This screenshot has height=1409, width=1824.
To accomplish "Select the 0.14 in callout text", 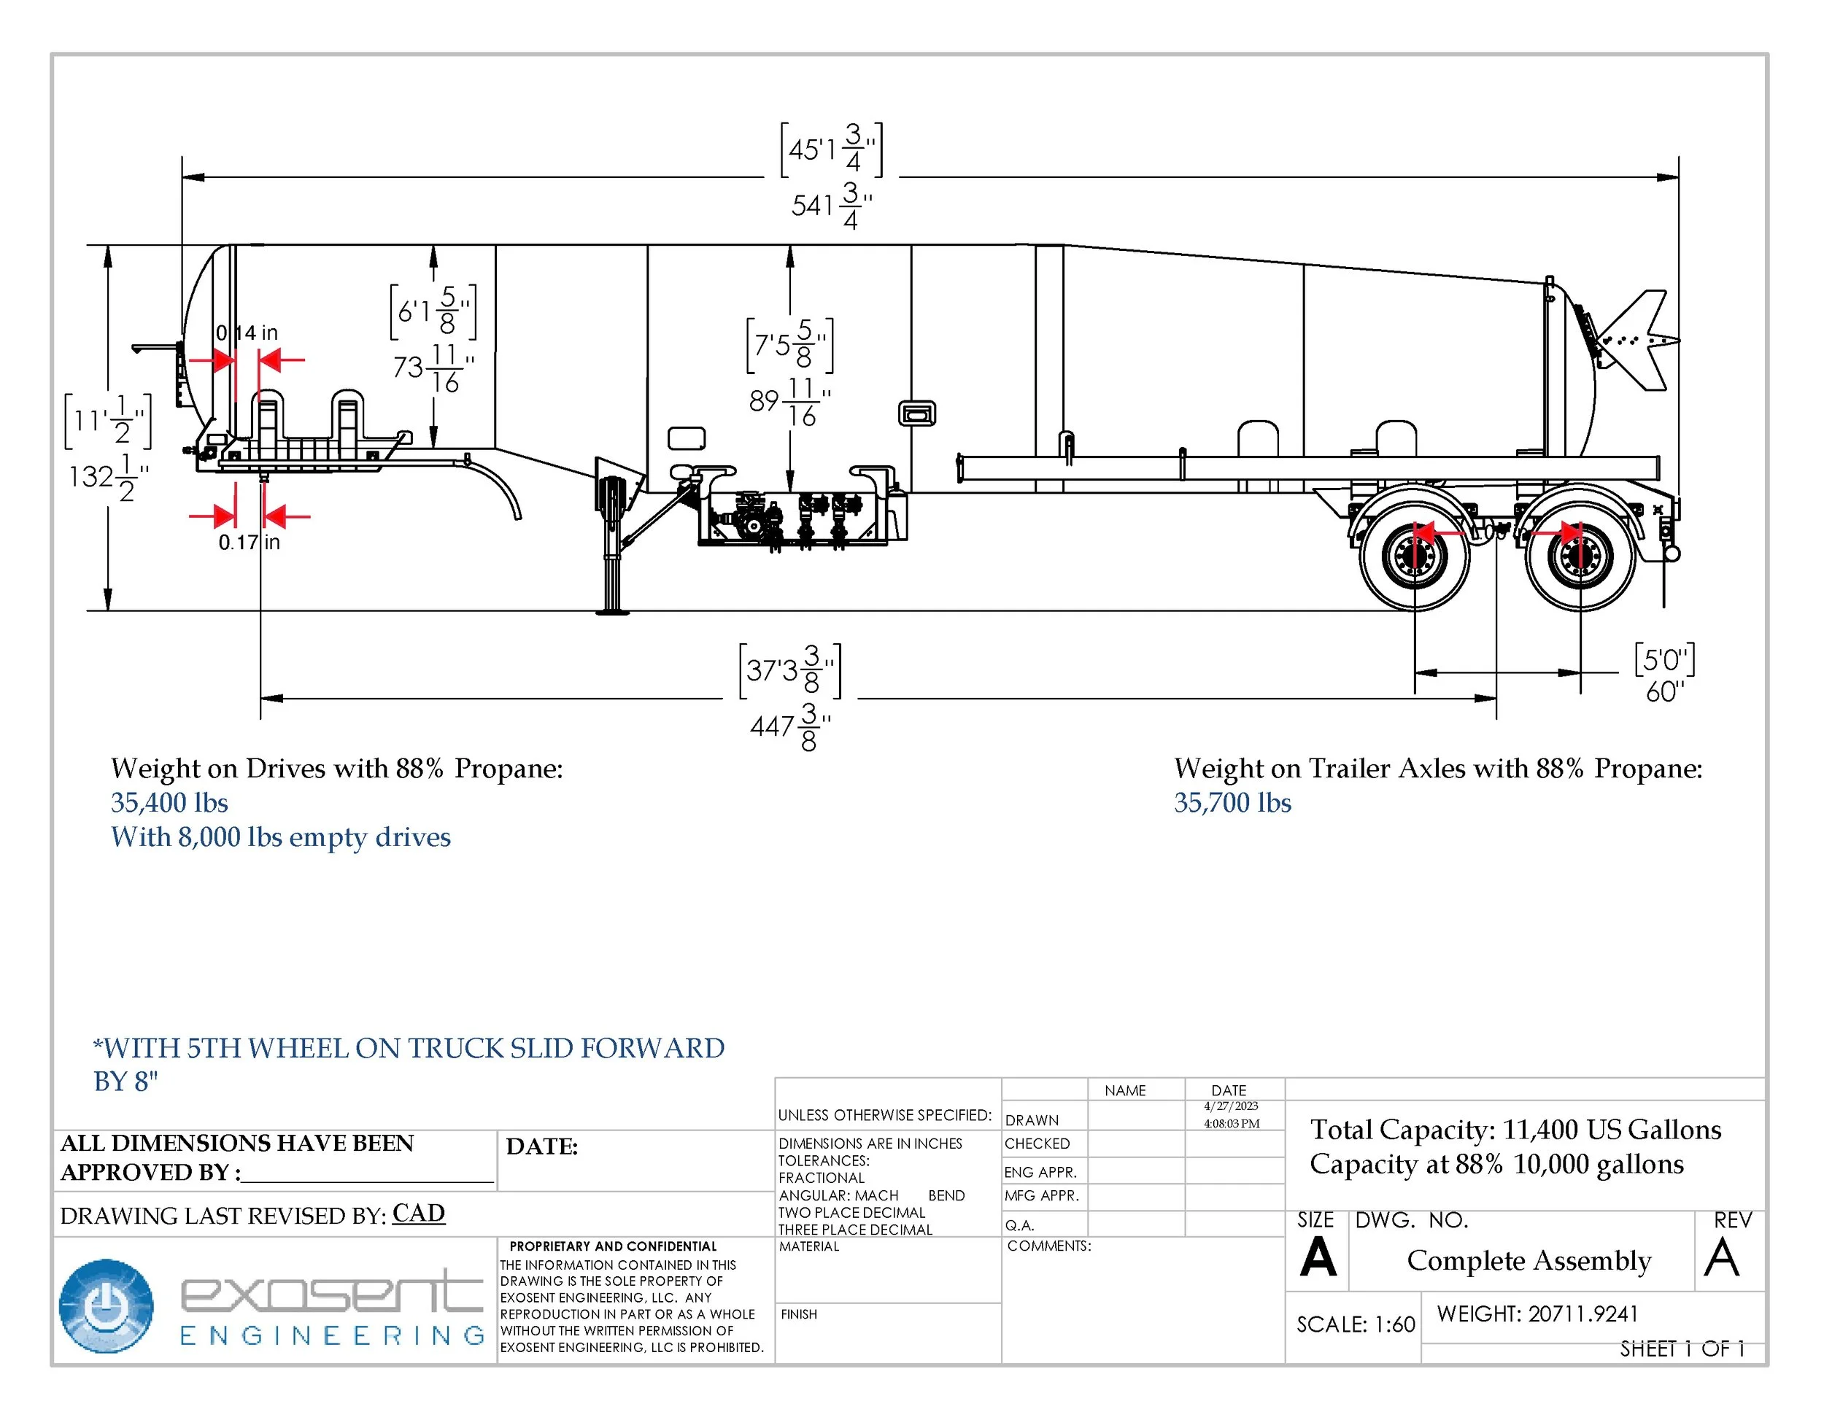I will (x=247, y=333).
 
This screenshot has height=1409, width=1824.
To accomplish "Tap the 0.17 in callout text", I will (x=249, y=543).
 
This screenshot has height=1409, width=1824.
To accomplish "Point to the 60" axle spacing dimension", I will (x=1664, y=692).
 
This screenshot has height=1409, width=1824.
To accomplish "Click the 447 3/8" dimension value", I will (x=789, y=726).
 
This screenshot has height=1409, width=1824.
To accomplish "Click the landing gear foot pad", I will (x=612, y=612).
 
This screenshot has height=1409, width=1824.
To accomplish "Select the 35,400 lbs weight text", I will (x=169, y=803).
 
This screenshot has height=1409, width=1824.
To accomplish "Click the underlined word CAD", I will (x=418, y=1213).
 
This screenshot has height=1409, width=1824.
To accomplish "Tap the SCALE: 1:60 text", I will (x=1355, y=1324).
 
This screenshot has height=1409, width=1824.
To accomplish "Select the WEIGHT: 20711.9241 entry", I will (x=1537, y=1314).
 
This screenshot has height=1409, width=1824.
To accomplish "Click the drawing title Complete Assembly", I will (x=1529, y=1260).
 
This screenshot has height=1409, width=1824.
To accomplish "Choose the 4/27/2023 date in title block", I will (x=1230, y=1106).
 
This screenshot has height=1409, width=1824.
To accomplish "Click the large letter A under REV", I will (x=1721, y=1259).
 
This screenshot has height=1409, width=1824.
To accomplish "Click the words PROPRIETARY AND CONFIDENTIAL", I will (x=613, y=1246).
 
